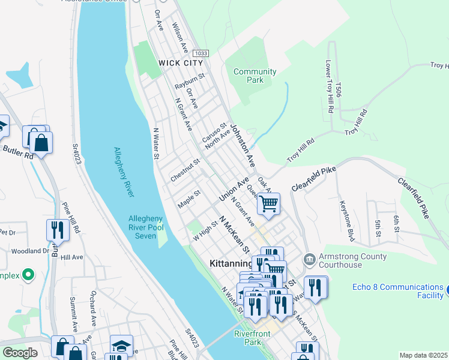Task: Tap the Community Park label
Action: [255, 76]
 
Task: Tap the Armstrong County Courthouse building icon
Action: [309, 259]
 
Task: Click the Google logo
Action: [20, 353]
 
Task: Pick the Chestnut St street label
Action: [185, 170]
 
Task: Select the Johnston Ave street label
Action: [243, 146]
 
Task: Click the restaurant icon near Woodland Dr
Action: [57, 230]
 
